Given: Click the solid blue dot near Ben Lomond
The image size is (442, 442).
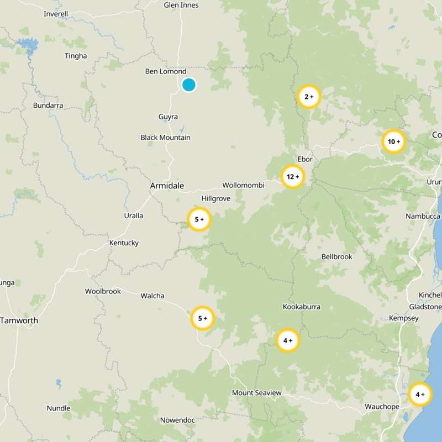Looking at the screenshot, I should click(x=189, y=85).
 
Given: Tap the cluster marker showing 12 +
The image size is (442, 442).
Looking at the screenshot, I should click(x=293, y=177).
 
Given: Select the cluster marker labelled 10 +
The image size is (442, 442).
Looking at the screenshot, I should click(x=394, y=141).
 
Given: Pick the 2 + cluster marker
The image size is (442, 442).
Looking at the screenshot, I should click(x=309, y=97).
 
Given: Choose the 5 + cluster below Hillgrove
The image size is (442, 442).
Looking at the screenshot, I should click(x=199, y=219).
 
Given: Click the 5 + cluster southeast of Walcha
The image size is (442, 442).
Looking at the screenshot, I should click(x=202, y=318).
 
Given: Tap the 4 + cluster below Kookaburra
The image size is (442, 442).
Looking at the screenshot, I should click(x=288, y=340).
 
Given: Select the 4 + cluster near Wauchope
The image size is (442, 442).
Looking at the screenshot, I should click(x=420, y=394).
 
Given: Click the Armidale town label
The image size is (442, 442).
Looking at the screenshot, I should click(x=167, y=186).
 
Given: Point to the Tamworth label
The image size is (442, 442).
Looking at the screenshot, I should click(x=19, y=320).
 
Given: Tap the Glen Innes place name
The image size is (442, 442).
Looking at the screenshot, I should click(x=181, y=5).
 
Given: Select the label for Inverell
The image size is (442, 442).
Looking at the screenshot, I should click(x=56, y=13).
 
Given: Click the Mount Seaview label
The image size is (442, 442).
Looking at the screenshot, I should click(x=257, y=393).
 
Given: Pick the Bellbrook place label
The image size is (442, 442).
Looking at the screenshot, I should click(x=336, y=256).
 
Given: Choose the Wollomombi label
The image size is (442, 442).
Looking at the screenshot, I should click(x=243, y=185).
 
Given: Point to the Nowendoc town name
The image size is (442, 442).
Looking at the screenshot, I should click(x=177, y=420).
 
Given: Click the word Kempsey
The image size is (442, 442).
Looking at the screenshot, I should click(x=404, y=318).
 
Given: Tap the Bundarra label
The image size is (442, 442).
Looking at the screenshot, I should click(x=48, y=105).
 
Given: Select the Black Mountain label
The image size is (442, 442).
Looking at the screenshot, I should click(x=165, y=138).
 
